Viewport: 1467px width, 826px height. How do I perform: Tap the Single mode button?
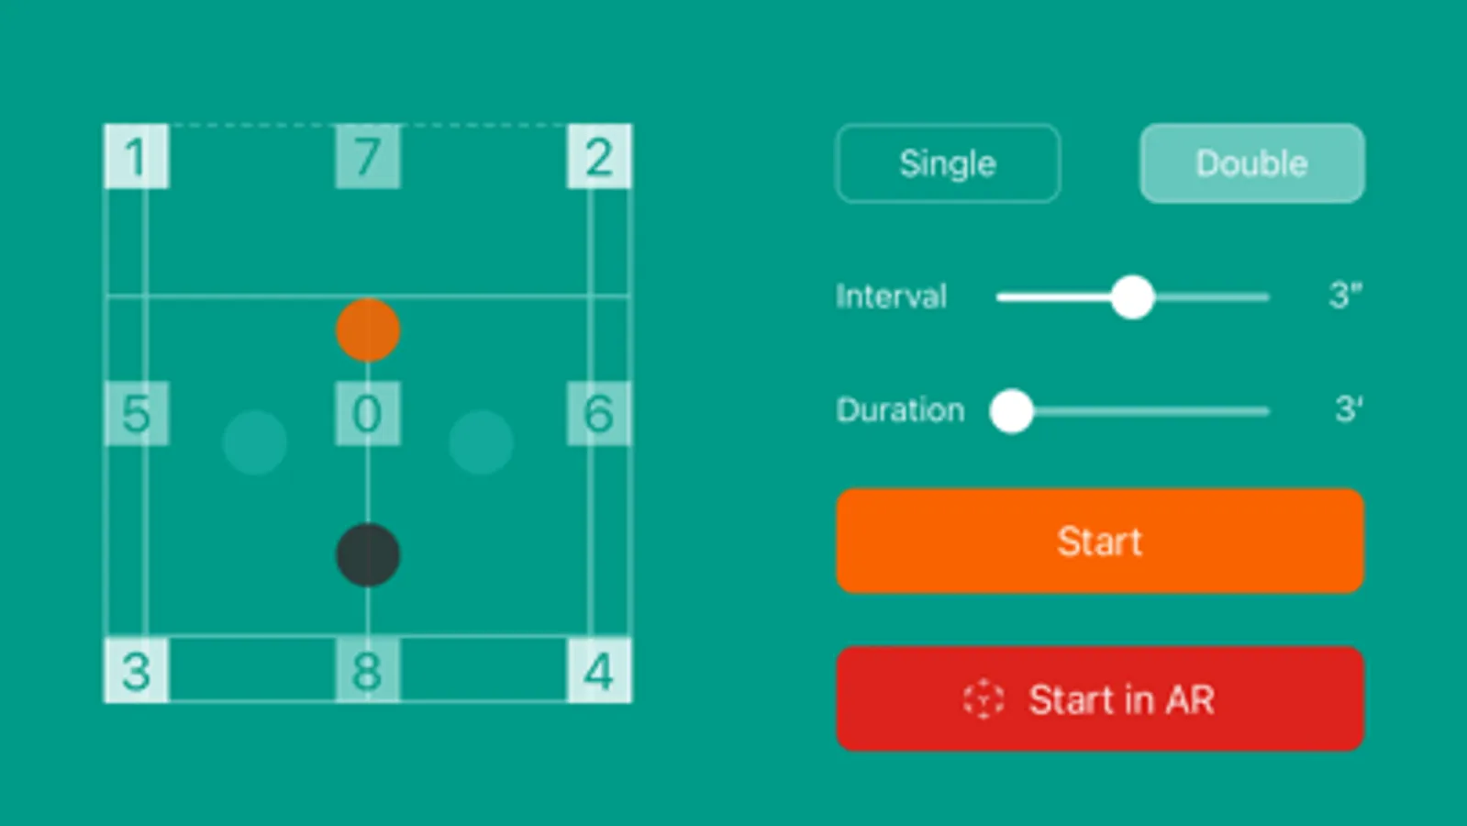948,163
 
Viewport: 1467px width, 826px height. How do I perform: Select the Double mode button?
1251,163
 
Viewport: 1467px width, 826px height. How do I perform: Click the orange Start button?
1099,541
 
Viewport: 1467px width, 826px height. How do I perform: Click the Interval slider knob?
1132,297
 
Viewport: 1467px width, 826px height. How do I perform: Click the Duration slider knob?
1012,410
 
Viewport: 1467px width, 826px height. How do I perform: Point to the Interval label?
891,296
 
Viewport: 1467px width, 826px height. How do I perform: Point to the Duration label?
900,409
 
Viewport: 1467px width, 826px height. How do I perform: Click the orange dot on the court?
368,329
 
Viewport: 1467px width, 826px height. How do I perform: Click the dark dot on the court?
368,554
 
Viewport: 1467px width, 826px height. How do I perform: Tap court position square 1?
136,156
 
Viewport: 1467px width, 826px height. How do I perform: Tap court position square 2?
599,156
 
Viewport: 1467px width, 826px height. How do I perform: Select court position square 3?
136,670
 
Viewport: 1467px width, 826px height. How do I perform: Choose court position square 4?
599,670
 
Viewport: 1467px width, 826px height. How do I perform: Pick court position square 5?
136,413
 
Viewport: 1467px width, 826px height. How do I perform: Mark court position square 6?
599,413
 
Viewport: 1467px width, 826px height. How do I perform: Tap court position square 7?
368,156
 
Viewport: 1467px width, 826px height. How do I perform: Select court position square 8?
368,670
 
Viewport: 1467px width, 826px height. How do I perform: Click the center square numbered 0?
368,413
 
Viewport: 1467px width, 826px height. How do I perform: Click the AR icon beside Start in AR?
984,699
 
